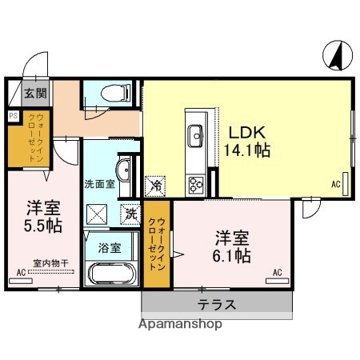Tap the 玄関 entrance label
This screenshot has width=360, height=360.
pyautogui.click(x=34, y=94)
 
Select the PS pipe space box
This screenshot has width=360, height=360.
pyautogui.click(x=12, y=115)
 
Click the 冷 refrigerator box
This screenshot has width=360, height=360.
pyautogui.click(x=154, y=185)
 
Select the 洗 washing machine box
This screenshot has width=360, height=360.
pyautogui.click(x=130, y=214)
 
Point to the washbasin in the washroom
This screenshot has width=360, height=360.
pyautogui.click(x=123, y=170)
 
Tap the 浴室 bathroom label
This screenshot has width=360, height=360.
pyautogui.click(x=110, y=247)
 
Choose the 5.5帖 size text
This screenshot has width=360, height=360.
pyautogui.click(x=42, y=225)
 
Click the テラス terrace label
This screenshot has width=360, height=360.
pyautogui.click(x=217, y=304)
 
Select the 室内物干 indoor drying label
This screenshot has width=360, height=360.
pyautogui.click(x=50, y=262)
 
